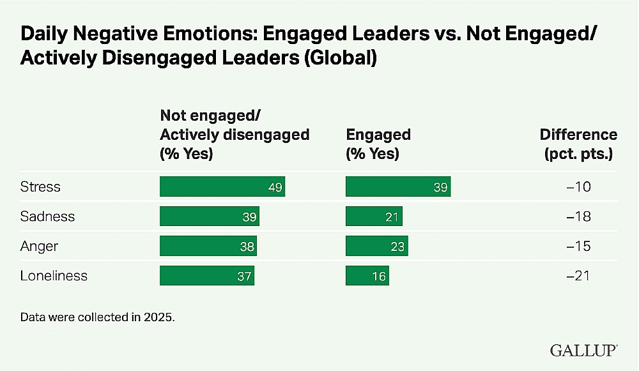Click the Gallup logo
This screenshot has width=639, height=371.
click(583, 350)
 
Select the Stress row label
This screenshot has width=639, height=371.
click(40, 186)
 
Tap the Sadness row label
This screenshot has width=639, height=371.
click(47, 216)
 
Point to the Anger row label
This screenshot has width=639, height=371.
click(39, 246)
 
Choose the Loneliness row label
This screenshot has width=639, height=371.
click(54, 276)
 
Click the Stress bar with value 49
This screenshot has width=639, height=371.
click(222, 186)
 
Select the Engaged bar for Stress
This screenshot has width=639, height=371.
click(398, 186)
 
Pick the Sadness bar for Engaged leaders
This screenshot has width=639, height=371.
click(374, 216)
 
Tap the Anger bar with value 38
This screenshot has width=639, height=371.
click(208, 246)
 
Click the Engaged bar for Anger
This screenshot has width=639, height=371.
click(377, 246)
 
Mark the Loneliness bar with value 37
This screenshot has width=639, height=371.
click(207, 276)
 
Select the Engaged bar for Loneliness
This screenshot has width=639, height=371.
click(367, 276)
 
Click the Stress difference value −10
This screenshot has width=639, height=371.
click(578, 186)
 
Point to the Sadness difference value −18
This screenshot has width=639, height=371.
click(578, 216)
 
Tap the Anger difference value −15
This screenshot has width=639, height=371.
click(578, 246)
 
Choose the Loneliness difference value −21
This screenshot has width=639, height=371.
click(578, 276)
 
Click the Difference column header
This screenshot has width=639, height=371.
click(579, 144)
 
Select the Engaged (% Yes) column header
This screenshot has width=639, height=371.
click(378, 144)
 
